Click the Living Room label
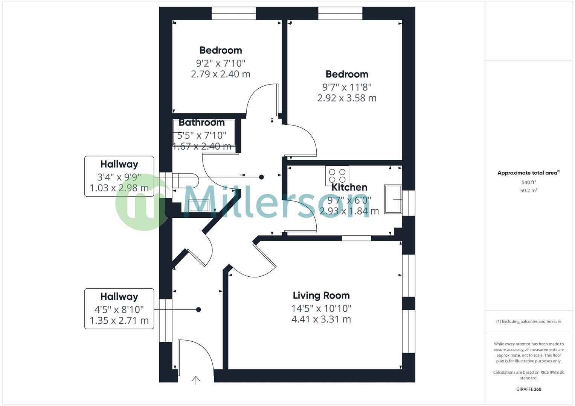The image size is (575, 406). (x=321, y=295)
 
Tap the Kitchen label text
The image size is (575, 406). (x=349, y=187)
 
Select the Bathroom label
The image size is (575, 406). (x=201, y=123)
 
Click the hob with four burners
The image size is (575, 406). (x=337, y=176)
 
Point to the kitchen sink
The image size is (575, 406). (x=393, y=199)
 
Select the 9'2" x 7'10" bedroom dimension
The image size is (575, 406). (x=221, y=63)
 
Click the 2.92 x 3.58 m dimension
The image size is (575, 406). (x=347, y=98)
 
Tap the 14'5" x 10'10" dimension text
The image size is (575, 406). (x=321, y=309)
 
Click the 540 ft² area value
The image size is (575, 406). (x=529, y=182)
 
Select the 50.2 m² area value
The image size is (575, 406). (x=529, y=191)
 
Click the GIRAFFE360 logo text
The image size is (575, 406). (x=529, y=389)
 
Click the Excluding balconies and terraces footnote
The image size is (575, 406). (x=529, y=321)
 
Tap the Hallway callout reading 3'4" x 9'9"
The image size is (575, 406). (x=119, y=176)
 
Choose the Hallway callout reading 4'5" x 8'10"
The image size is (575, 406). (x=119, y=309)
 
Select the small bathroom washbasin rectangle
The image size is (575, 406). (x=199, y=206)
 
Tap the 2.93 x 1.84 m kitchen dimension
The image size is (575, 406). (x=349, y=211)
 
